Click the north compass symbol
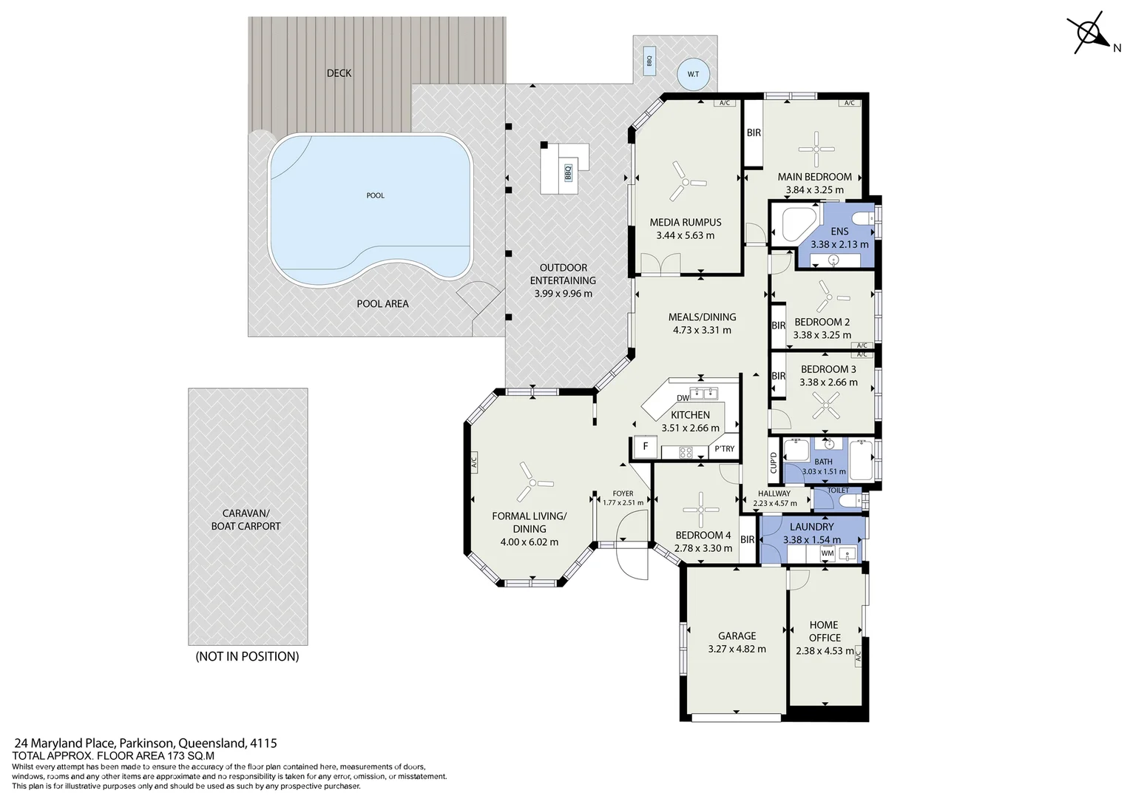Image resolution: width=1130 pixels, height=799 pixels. [1089, 33]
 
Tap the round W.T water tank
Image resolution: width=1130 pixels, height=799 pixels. [693, 74]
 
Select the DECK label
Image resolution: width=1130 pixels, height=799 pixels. [339, 73]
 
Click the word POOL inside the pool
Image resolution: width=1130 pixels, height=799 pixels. [375, 195]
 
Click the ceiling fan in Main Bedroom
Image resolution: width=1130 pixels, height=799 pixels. [816, 149]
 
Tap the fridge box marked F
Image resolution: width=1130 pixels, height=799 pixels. [646, 447]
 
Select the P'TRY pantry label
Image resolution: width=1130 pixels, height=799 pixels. [724, 449]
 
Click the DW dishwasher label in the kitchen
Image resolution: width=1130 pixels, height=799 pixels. [683, 398]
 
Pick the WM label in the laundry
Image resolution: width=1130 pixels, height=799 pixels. [827, 553]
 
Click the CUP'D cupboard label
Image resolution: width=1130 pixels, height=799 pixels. [774, 462]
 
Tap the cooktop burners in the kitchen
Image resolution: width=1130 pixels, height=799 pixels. [685, 451]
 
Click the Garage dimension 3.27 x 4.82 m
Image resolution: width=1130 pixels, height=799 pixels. [737, 649]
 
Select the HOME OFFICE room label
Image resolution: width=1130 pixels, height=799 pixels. [824, 631]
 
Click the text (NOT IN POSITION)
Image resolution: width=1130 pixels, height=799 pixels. [247, 656]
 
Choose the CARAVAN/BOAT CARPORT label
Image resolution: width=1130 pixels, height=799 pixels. [246, 519]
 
